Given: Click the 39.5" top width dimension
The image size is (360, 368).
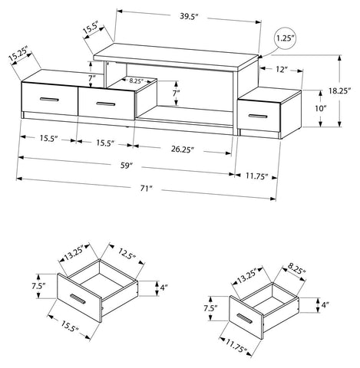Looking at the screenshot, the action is [x=189, y=16].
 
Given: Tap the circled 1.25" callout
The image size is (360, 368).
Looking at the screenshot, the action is [x=285, y=38].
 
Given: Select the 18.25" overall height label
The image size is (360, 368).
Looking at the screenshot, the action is [x=339, y=90].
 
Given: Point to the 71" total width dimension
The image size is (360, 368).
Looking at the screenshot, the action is [x=146, y=189].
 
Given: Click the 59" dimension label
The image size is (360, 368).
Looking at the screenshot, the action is [x=126, y=166].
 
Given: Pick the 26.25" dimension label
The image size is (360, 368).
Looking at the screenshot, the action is [x=181, y=149].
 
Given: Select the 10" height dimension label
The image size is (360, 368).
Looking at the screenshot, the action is [x=321, y=108].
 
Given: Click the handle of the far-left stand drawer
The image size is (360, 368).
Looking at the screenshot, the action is [x=50, y=99].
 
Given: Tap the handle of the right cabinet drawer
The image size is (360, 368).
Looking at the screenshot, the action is [x=258, y=117].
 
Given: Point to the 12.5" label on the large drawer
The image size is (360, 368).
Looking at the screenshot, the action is [x=127, y=253].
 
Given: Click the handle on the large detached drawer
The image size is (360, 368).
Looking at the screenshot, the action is [x=78, y=299].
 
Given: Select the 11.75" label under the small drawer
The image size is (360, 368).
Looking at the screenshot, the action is [x=236, y=346].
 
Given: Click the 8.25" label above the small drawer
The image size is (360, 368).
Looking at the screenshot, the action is [x=297, y=271].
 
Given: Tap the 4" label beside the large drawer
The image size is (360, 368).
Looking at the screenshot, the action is [x=163, y=288].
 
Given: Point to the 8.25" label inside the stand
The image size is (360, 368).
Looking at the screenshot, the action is [x=136, y=80].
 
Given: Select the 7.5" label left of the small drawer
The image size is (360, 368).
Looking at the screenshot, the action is [x=210, y=308].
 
